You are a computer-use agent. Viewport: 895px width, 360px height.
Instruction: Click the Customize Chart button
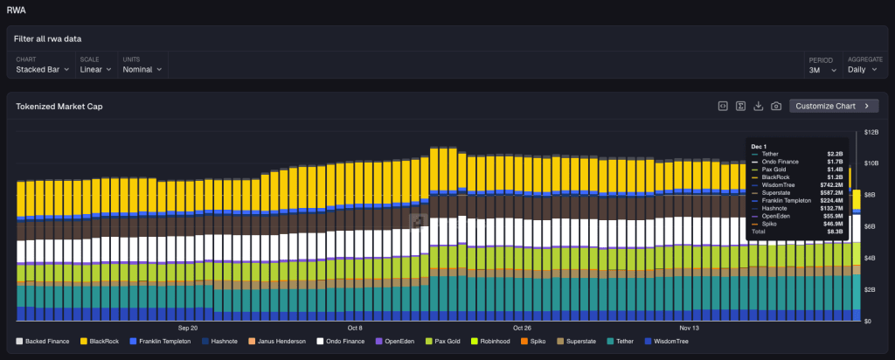pyautogui.click(x=833, y=106)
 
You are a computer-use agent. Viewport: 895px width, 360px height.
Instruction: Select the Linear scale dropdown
pyautogui.click(x=96, y=69)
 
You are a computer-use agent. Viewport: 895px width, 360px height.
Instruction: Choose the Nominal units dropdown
pyautogui.click(x=142, y=69)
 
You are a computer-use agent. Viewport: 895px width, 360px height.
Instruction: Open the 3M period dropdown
pyautogui.click(x=822, y=69)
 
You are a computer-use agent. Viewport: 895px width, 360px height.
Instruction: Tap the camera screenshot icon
pyautogui.click(x=776, y=106)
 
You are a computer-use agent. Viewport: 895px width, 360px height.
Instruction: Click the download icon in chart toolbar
pyautogui.click(x=759, y=106)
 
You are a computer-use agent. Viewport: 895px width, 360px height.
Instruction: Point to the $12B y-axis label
pyautogui.click(x=871, y=132)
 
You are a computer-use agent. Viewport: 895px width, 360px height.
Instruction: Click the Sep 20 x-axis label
pyautogui.click(x=188, y=329)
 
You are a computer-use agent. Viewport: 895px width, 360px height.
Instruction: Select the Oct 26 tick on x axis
pyautogui.click(x=521, y=329)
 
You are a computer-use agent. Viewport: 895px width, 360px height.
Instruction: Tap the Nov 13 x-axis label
pyautogui.click(x=690, y=329)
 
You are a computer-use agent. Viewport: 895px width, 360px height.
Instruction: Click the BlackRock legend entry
pyautogui.click(x=101, y=341)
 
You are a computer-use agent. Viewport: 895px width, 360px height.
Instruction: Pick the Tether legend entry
pyautogui.click(x=622, y=341)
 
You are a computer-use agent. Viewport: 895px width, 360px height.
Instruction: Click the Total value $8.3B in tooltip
pyautogui.click(x=835, y=231)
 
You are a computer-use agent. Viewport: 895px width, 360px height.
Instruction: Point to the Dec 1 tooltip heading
pyautogui.click(x=758, y=145)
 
